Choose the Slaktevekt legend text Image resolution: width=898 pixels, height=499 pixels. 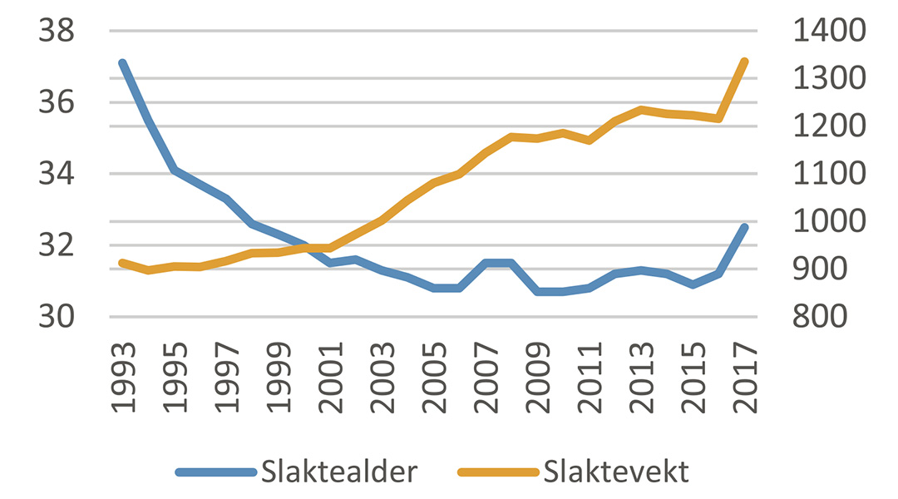(x=616, y=472)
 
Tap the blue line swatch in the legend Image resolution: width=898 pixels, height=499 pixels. (x=215, y=472)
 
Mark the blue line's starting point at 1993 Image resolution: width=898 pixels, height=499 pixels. (x=122, y=63)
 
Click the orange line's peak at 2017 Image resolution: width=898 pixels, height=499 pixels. (x=745, y=62)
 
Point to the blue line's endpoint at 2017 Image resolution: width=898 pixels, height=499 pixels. (x=745, y=227)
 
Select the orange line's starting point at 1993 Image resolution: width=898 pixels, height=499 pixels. (x=122, y=263)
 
